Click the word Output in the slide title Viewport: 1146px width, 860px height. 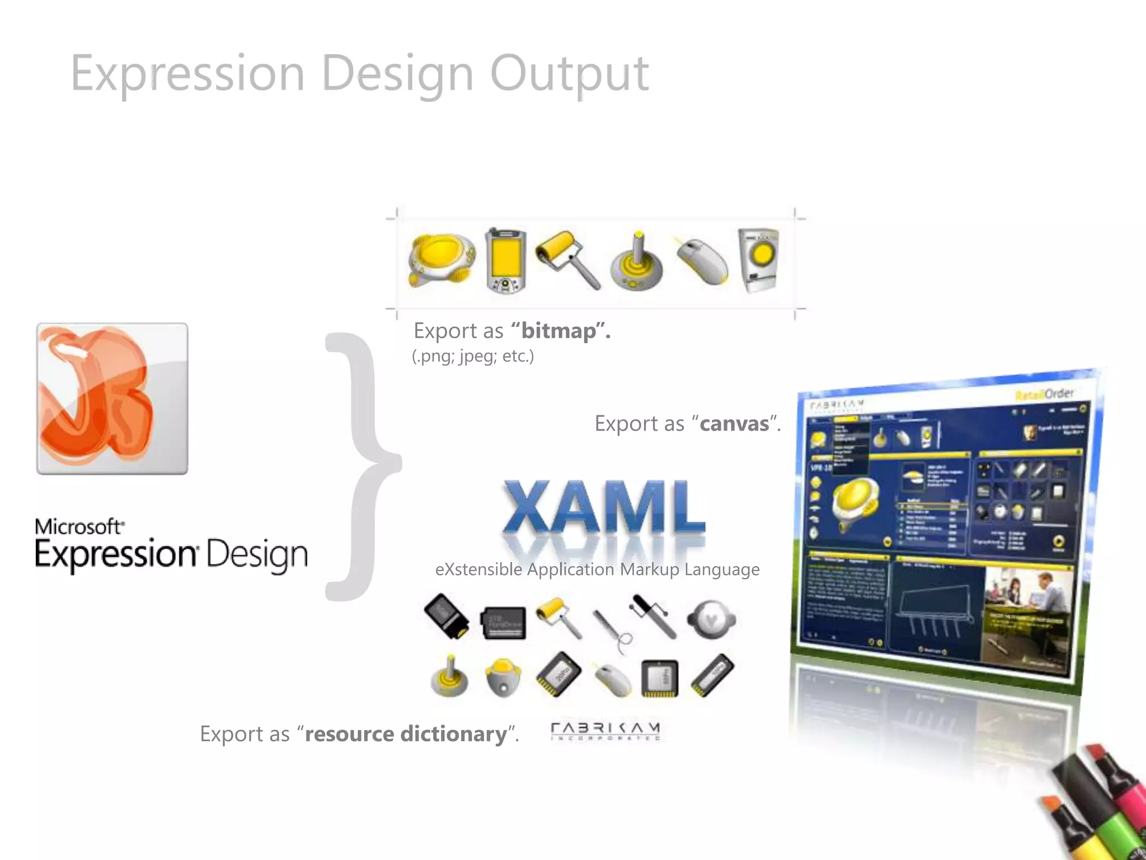(x=569, y=74)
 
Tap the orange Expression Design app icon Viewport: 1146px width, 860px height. (x=112, y=399)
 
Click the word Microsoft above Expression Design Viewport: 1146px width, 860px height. (x=78, y=526)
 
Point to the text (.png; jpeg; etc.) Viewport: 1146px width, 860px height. (x=473, y=356)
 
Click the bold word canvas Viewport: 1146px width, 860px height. (x=734, y=424)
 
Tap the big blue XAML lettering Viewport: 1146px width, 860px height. (x=603, y=507)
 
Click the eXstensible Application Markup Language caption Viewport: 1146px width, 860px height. (x=597, y=569)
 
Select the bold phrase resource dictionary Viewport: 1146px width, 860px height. (x=406, y=733)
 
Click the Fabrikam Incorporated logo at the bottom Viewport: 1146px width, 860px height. (x=605, y=731)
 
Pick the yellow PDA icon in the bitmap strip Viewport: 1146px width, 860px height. (x=505, y=261)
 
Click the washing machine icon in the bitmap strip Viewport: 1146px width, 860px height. (x=758, y=260)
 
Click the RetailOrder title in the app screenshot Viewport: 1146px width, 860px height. (x=1044, y=394)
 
